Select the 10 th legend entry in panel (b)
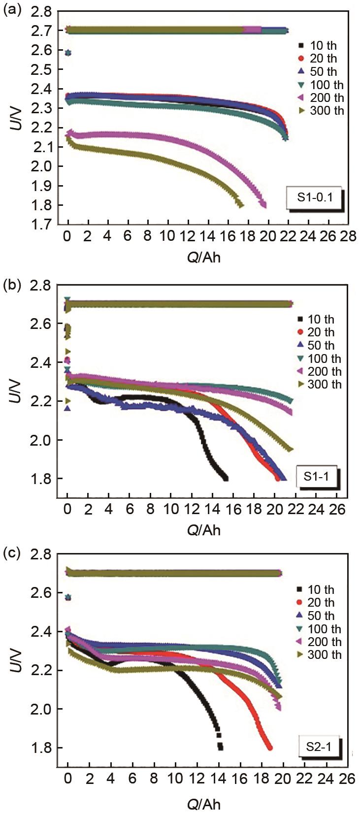[317, 319]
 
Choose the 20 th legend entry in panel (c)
[317, 603]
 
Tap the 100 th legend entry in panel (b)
[320, 358]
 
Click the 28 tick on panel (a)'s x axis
[348, 237]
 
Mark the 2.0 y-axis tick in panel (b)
[44, 440]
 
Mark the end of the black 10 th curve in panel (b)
[226, 478]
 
